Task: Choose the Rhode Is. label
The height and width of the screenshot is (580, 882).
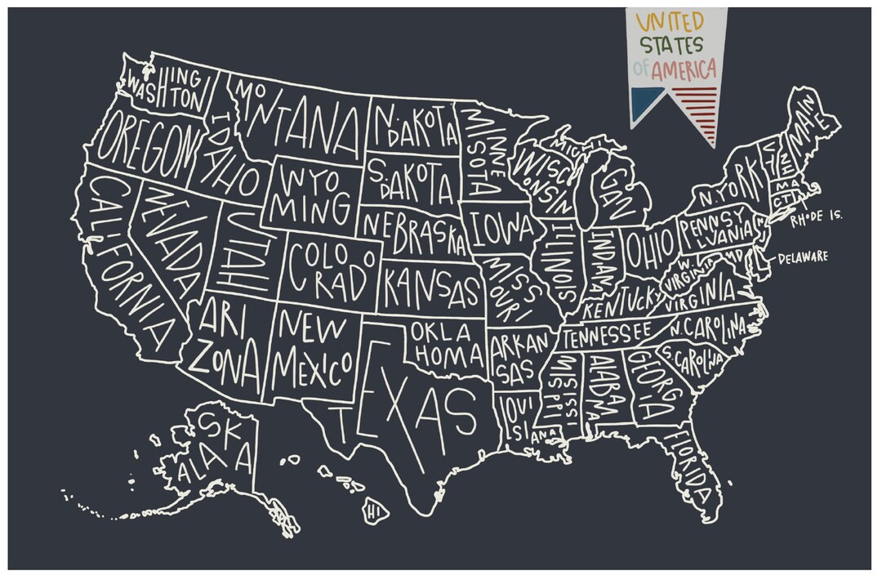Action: point(816,216)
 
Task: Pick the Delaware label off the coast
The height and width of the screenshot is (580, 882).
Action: point(802,257)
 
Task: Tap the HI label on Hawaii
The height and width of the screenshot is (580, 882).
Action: point(375,511)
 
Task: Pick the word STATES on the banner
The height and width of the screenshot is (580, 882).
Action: point(675,44)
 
